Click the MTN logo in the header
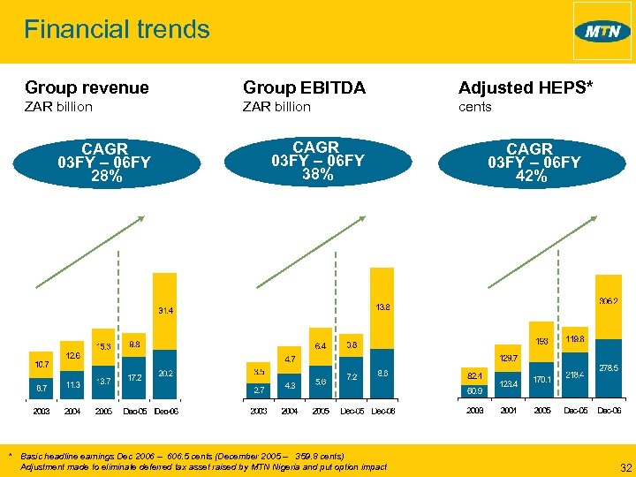602,32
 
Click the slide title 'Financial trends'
117,29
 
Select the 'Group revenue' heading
87,87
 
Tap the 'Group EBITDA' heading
304,87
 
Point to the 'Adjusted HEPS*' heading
526,87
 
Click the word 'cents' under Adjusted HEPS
475,107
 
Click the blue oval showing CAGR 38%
316,161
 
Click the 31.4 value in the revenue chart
166,311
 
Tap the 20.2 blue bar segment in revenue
166,374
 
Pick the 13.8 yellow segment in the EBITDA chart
382,307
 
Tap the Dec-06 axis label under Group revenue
166,412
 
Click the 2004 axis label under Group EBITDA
290,412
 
